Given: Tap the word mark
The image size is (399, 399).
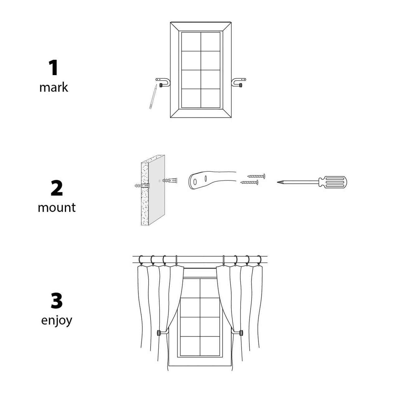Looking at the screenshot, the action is tap(54, 88).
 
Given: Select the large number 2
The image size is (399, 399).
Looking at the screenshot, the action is tap(56, 188).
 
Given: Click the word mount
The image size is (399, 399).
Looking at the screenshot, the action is tap(56, 208).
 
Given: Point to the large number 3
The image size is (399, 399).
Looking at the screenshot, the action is tap(56, 301).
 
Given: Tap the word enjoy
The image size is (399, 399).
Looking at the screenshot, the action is tap(56, 321).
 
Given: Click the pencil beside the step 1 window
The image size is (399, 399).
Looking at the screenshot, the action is tap(153, 97).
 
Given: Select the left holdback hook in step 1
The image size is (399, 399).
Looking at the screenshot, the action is tap(163, 82).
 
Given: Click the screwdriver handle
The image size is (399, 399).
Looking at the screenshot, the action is tap(333, 182).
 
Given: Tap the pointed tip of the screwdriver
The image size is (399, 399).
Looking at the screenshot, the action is tap(277, 182).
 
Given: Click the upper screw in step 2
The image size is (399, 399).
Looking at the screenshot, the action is tap(256, 176).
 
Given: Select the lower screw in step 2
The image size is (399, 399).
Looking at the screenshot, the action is tap(249, 182).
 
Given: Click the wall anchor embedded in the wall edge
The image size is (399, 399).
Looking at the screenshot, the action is tap(142, 185).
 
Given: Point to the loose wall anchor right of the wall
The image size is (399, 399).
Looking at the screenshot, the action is tap(170, 180).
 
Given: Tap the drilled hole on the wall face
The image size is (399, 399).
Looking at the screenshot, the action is tap(159, 181).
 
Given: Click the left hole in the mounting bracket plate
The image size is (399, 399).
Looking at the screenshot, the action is tap(195, 182).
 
